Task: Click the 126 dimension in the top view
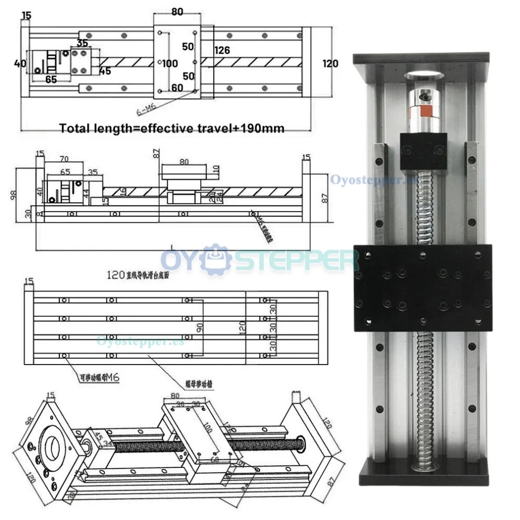point(222,50)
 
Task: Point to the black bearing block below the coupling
point(423,151)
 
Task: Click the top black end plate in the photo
point(421,58)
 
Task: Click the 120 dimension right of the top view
point(330,64)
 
